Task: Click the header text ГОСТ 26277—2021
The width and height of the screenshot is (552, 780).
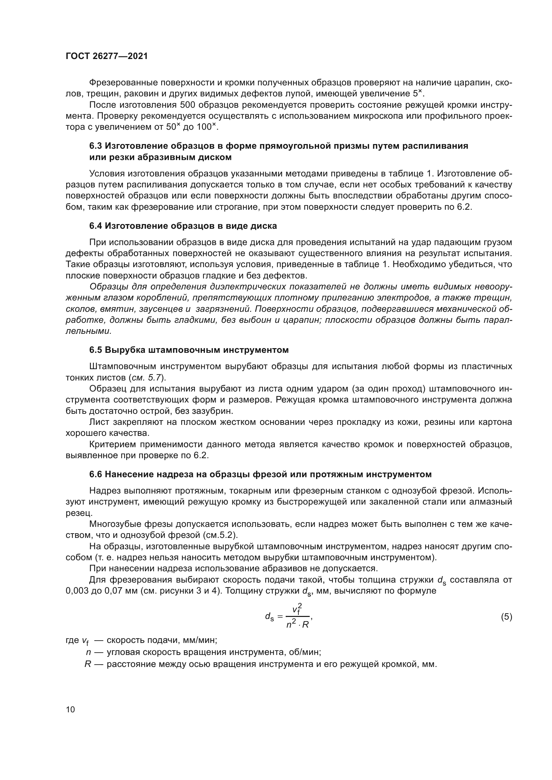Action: [107, 56]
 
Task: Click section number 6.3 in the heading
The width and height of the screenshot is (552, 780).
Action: [95, 146]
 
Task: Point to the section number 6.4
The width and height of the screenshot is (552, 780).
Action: [95, 226]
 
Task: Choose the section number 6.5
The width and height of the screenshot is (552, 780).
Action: [95, 350]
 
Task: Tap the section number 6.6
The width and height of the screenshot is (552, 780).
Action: [95, 474]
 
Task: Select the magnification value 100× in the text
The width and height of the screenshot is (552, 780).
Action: [206, 127]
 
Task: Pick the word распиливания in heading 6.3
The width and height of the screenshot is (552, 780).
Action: [436, 146]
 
